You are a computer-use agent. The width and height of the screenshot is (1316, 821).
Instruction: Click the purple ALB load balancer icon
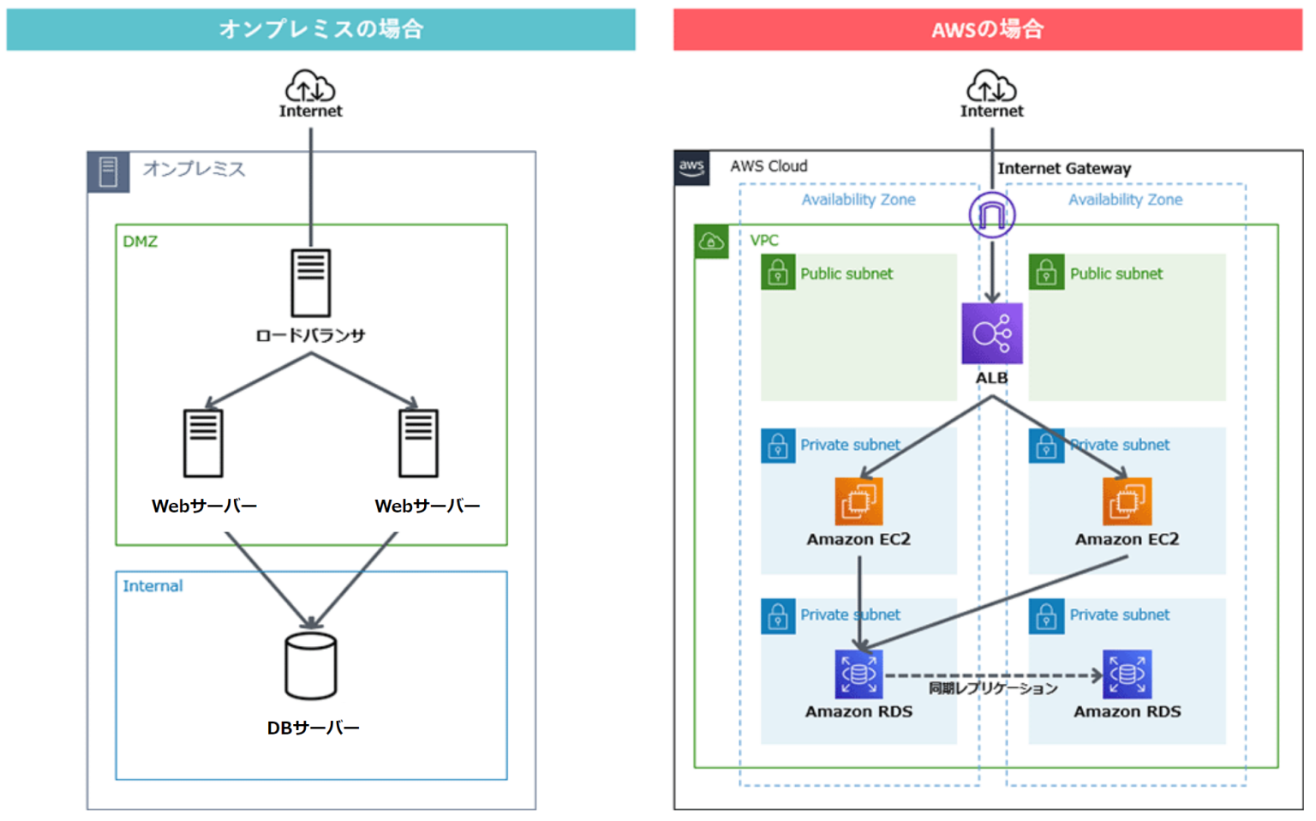(x=991, y=333)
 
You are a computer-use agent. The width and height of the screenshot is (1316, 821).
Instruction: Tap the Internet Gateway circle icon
(x=991, y=214)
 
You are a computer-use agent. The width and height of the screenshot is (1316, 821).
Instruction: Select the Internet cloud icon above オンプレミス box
(x=310, y=87)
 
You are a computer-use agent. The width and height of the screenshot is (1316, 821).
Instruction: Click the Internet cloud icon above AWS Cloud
(x=991, y=87)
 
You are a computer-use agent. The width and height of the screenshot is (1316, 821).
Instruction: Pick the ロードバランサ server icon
(x=310, y=282)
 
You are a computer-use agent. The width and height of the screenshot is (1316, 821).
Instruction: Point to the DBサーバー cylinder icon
(x=310, y=666)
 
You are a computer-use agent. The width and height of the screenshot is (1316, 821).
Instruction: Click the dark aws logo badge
(x=691, y=167)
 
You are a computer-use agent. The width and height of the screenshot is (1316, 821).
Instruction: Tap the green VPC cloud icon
(x=711, y=243)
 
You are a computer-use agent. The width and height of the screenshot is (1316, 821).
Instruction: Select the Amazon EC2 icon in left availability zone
(x=858, y=501)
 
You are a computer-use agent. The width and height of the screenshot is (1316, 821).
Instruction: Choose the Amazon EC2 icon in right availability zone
(x=1127, y=501)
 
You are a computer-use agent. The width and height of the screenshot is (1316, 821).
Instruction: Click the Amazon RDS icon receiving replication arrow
(x=1127, y=674)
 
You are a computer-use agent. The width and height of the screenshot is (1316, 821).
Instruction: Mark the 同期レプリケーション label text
(x=993, y=689)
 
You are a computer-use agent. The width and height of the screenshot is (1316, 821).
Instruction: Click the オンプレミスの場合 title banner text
(x=321, y=29)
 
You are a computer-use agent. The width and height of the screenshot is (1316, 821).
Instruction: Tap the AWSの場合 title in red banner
(x=987, y=30)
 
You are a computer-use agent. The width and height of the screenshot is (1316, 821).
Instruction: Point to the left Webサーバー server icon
(x=203, y=443)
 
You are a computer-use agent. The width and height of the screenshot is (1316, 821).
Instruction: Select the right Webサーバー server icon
(x=418, y=443)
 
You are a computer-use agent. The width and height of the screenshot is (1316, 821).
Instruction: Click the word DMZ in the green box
(x=140, y=242)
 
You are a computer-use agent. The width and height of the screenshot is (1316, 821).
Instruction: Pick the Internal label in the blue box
(x=153, y=586)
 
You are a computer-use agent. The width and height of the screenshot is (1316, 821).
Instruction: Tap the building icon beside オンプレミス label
(x=108, y=171)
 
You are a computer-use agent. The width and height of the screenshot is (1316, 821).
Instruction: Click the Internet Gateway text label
(x=1063, y=169)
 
